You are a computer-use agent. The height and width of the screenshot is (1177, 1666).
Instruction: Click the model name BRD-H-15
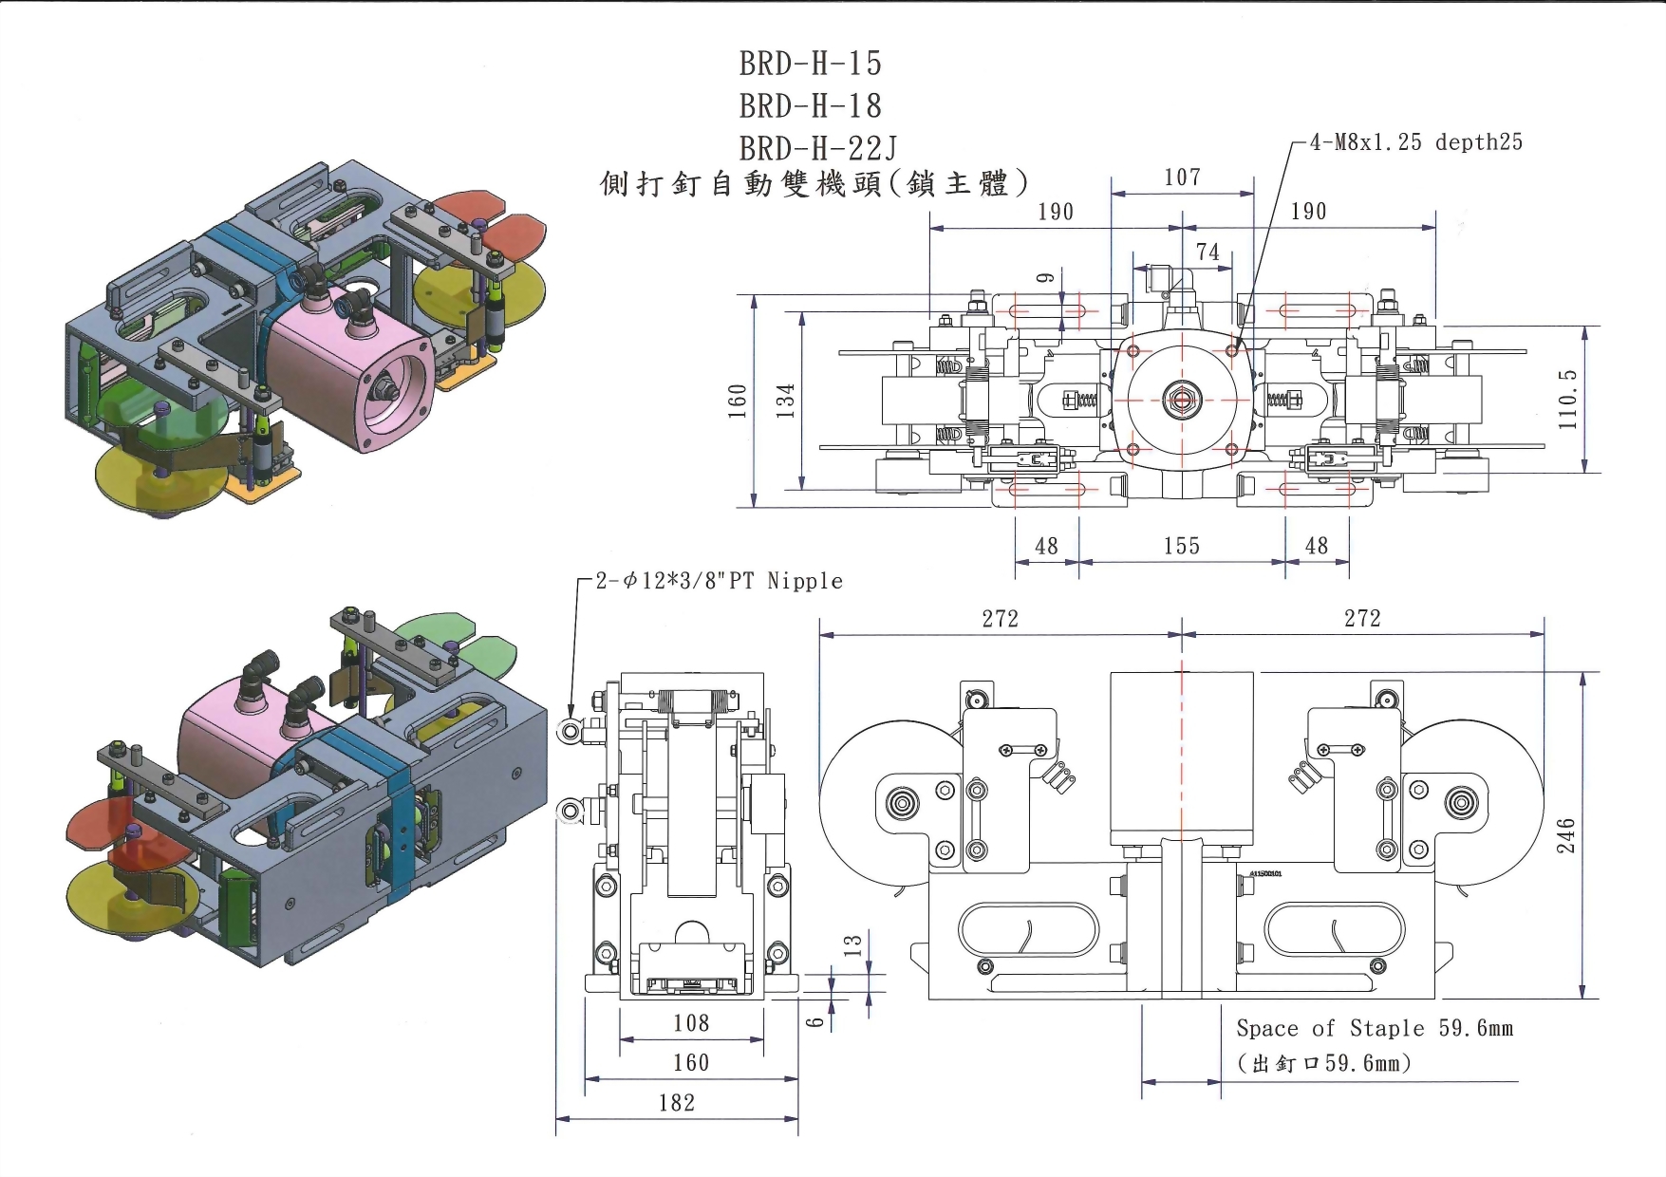811,64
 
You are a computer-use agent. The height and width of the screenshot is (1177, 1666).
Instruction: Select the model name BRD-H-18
811,105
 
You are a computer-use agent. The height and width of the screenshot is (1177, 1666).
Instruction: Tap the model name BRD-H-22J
818,148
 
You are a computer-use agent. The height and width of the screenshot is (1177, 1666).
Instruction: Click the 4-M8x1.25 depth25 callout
1415,142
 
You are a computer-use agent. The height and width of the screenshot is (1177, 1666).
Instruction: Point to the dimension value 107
1182,177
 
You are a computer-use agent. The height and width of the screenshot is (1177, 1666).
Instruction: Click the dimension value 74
1207,252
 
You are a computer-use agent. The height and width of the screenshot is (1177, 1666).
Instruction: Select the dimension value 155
1182,546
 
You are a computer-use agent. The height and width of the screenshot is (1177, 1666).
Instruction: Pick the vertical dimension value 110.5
1567,400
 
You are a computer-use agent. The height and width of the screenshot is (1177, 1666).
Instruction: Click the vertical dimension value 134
785,401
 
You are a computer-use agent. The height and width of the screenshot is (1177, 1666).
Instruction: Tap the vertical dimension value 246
1565,835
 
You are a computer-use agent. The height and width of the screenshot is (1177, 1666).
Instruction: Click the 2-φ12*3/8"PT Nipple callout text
719,581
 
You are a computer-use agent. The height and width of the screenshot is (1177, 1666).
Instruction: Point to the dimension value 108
691,1023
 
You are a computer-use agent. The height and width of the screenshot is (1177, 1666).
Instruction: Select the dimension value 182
677,1103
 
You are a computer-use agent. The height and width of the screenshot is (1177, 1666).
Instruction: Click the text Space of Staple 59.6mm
1375,1029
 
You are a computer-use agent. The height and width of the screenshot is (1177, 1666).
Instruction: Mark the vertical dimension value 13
852,944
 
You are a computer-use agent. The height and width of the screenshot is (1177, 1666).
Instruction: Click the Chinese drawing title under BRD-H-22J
814,183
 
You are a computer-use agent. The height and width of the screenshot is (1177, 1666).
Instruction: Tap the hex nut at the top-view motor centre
1182,400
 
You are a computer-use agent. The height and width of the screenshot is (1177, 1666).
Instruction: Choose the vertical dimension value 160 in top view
738,401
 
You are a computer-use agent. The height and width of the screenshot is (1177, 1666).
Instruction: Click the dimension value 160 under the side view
691,1063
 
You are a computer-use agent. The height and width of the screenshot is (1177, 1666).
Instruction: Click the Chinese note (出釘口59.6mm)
1324,1063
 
